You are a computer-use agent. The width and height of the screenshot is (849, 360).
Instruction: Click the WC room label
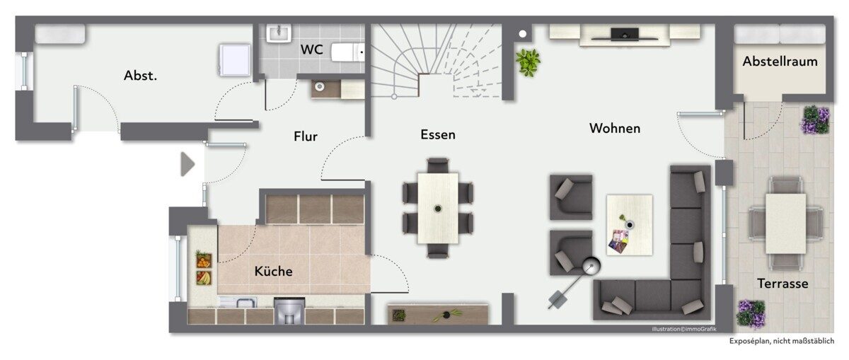tap(311, 50)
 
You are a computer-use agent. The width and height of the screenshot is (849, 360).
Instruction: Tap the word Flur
tap(306, 136)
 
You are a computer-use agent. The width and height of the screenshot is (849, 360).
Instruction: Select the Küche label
tap(273, 271)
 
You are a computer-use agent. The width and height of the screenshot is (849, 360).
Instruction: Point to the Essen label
tap(438, 134)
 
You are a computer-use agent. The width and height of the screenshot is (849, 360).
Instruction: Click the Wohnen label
tap(615, 128)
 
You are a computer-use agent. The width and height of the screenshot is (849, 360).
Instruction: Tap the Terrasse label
tap(782, 284)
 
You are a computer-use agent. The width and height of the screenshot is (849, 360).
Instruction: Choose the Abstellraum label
tap(780, 62)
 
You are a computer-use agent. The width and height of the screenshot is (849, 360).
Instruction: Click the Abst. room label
tap(140, 76)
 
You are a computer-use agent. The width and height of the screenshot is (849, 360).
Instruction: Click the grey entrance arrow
tap(187, 164)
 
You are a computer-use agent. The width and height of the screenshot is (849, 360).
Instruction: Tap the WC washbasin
tap(279, 33)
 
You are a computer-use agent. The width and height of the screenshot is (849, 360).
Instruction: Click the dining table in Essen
tap(438, 208)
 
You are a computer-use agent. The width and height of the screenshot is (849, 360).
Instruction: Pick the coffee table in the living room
tap(630, 225)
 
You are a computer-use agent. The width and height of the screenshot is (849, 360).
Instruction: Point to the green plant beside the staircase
tap(528, 62)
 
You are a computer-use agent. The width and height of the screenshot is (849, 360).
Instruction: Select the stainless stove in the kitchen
tap(289, 311)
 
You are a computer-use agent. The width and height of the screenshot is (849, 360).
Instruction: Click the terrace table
tap(786, 223)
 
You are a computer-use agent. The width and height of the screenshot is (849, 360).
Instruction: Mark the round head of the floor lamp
tap(591, 266)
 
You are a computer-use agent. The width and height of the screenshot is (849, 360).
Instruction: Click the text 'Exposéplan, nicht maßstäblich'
tap(782, 341)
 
